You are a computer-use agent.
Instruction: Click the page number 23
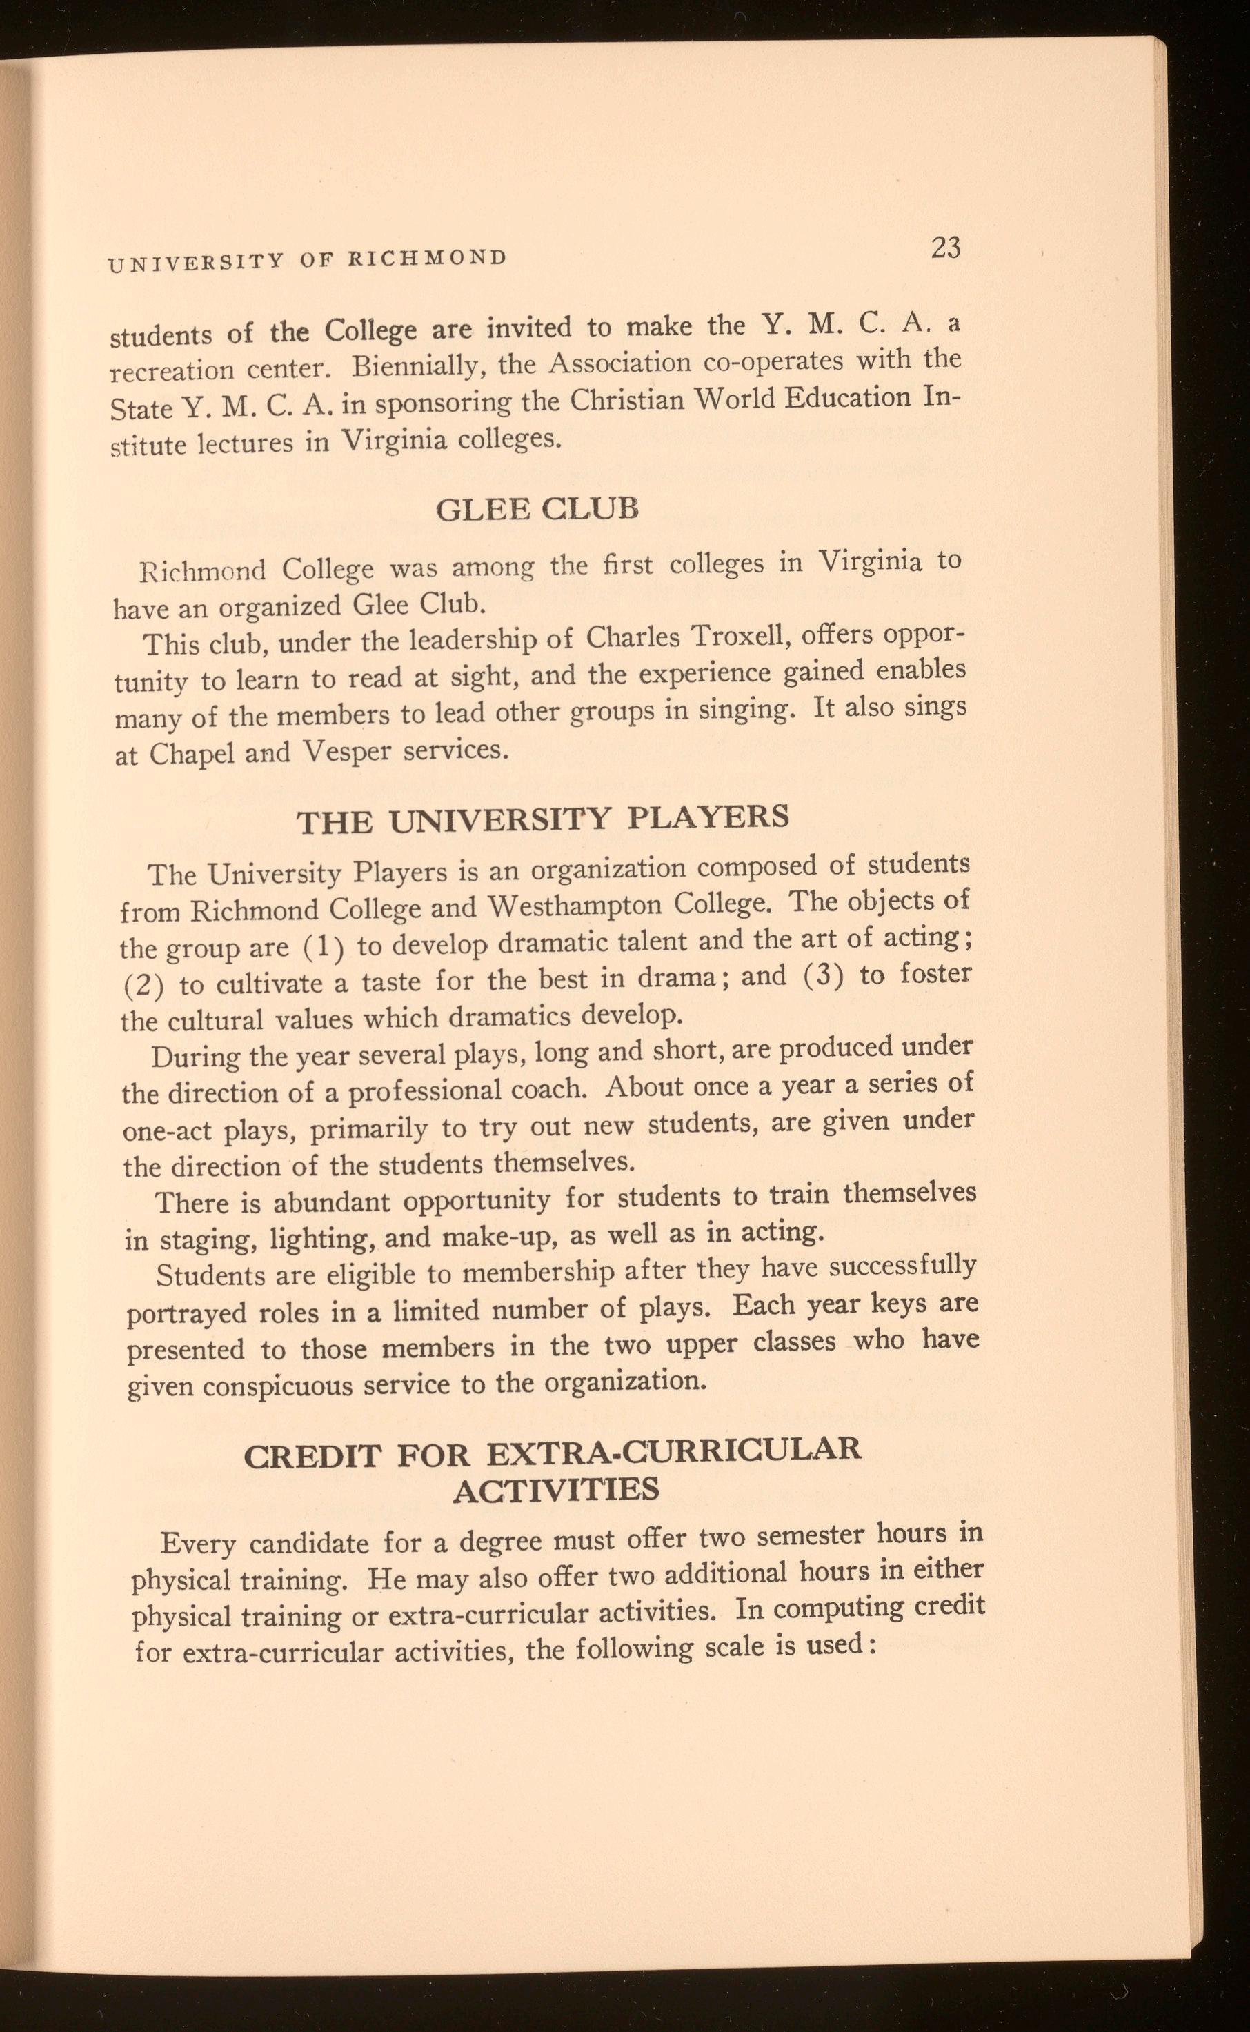945,248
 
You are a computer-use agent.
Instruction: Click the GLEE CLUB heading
537,508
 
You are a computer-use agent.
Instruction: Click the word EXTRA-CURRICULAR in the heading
674,1451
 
